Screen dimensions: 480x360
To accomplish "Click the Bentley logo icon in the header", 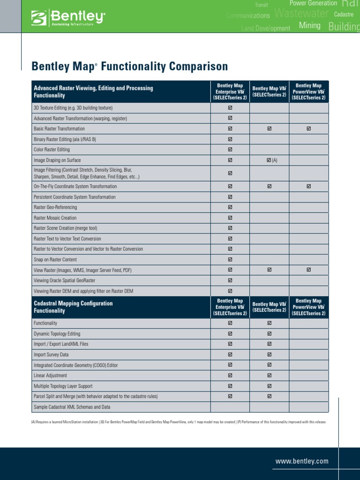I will [39, 18].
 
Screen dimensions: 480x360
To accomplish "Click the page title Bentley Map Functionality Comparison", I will [129, 67].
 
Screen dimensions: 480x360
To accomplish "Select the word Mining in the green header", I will [309, 26].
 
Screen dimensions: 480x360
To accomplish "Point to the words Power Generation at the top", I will [313, 3].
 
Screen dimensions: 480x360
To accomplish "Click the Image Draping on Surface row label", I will [57, 160].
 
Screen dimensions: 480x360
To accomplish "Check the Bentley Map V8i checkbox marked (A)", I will [269, 160].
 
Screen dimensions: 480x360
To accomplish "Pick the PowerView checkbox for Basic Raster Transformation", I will [308, 128].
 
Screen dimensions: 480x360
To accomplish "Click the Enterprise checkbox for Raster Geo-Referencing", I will [230, 207].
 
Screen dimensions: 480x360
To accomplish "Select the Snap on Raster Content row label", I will [55, 260].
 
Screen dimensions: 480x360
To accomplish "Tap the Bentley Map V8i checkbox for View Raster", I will [269, 270].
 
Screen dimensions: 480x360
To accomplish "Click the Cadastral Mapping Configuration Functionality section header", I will [73, 307].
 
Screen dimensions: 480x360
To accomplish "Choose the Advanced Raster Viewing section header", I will [93, 91].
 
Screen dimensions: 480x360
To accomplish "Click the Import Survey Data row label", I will [51, 355].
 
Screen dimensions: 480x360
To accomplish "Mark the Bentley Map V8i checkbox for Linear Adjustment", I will [269, 375].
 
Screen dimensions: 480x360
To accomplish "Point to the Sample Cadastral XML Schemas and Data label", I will [72, 407].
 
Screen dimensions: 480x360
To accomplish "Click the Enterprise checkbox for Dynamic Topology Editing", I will [230, 334].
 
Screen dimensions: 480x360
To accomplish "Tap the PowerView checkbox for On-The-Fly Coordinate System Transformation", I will [308, 187].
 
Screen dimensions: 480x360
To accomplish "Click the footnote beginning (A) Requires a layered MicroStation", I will [179, 422].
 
